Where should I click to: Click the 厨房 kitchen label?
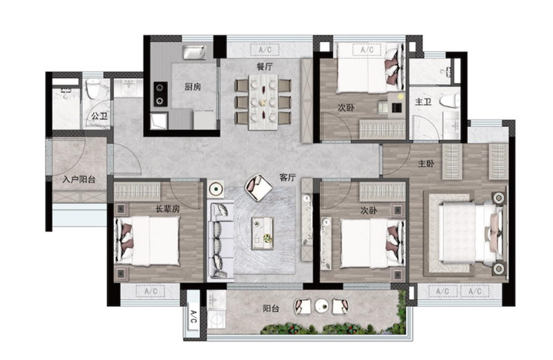[193, 86]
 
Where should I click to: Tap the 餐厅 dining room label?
[264, 66]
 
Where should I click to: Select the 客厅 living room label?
[288, 178]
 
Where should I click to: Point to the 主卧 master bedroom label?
[426, 164]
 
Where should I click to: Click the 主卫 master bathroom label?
[423, 102]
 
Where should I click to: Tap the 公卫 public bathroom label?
[99, 115]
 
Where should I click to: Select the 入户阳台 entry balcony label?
[79, 180]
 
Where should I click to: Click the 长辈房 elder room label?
[168, 209]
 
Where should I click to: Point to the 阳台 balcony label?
[270, 309]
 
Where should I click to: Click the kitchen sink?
[194, 53]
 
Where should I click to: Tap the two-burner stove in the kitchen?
[160, 94]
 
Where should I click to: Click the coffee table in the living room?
[263, 234]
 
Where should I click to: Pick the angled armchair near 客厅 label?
[259, 187]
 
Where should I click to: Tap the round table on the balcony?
[321, 306]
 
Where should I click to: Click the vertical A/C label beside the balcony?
[193, 316]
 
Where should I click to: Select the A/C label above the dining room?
[265, 50]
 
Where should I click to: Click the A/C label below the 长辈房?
[151, 292]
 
